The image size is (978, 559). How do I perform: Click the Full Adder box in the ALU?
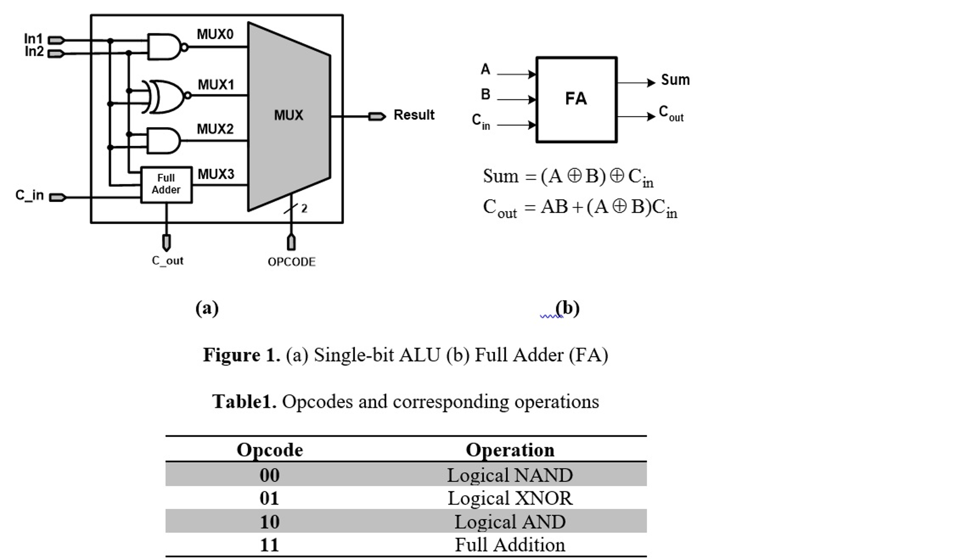[166, 184]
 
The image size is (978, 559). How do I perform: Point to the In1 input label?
[33, 38]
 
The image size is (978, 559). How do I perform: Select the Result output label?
[413, 115]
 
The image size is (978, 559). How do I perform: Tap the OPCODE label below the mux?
[292, 262]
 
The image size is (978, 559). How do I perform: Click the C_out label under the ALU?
[167, 261]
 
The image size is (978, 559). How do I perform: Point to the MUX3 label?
[216, 174]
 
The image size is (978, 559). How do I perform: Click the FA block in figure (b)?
[576, 99]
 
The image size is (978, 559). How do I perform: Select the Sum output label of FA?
[675, 80]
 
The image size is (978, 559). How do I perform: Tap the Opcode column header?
[270, 450]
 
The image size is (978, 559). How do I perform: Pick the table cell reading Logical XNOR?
[510, 498]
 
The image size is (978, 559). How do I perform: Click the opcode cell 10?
[270, 522]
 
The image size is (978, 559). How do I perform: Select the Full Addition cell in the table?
[510, 545]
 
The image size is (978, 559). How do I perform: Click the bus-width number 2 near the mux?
[304, 209]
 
